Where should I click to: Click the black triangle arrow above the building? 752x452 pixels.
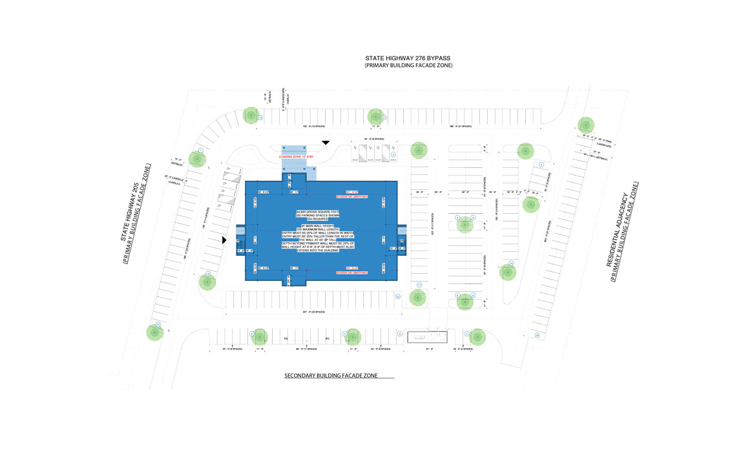326,142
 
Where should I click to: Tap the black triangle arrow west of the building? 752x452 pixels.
224,240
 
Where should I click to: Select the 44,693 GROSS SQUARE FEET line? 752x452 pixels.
320,212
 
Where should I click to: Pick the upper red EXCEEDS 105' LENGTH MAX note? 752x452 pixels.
351,196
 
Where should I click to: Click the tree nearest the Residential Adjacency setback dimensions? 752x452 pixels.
585,125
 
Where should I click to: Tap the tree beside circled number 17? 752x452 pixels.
418,298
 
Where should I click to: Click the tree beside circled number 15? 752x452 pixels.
251,116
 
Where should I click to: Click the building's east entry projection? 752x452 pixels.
401,240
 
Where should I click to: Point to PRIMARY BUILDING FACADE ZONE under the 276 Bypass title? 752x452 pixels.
409,66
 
